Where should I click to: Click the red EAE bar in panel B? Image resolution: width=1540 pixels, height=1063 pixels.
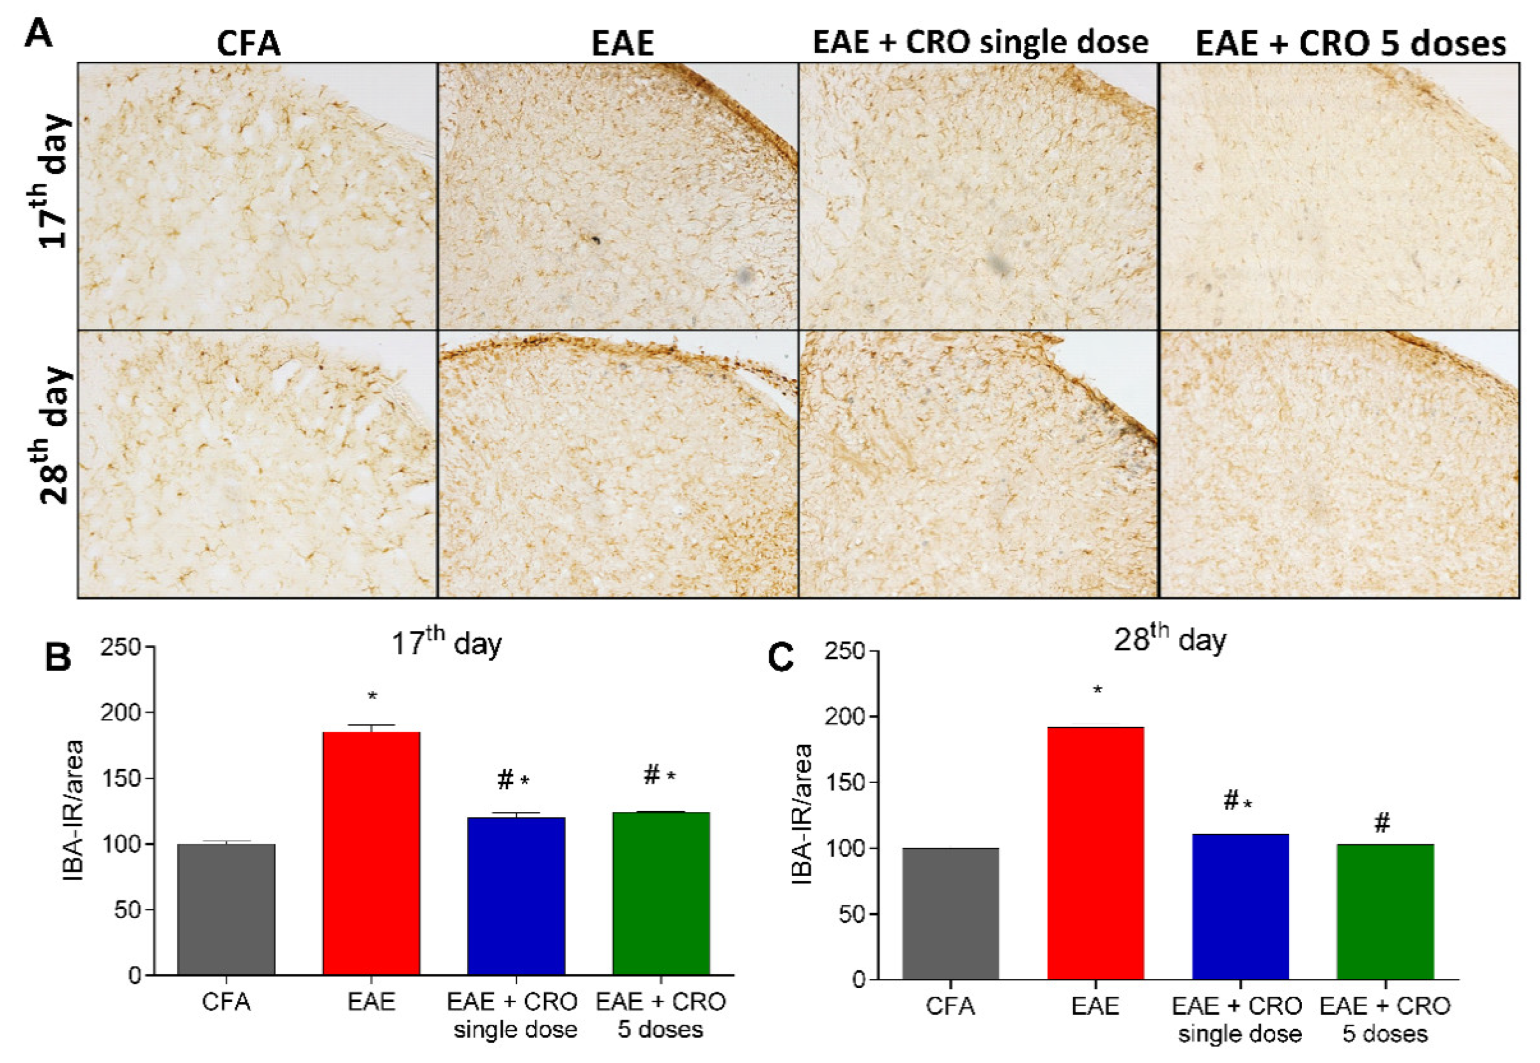[371, 853]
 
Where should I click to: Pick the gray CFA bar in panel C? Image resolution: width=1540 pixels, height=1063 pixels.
[951, 913]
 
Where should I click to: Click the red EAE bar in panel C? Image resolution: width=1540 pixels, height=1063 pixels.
[1095, 853]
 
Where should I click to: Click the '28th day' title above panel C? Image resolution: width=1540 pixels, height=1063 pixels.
[1170, 639]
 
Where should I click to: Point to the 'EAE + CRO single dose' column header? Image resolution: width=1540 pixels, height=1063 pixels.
[980, 43]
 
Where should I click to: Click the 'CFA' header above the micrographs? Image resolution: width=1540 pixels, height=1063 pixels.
[249, 44]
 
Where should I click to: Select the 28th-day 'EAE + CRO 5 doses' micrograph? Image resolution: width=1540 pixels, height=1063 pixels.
[1340, 464]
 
